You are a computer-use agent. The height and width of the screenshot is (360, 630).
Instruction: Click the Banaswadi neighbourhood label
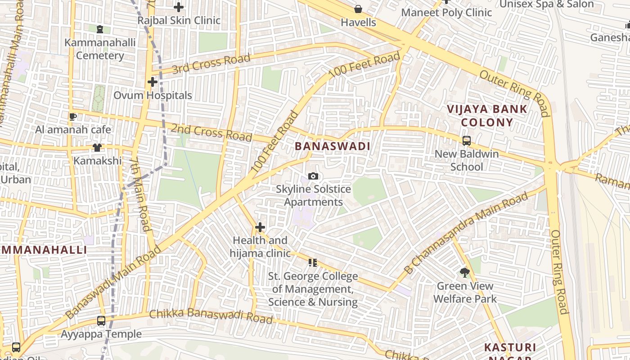click(x=333, y=146)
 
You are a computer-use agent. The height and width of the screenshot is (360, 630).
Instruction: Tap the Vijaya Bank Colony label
click(x=487, y=116)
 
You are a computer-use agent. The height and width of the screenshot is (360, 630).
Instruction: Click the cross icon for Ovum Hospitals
click(x=153, y=82)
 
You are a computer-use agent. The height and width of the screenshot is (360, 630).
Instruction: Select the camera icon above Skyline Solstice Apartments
click(x=313, y=176)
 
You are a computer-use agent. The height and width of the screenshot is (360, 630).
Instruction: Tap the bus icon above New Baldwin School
click(x=466, y=141)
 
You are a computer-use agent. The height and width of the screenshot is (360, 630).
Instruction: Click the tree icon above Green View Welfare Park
click(x=465, y=272)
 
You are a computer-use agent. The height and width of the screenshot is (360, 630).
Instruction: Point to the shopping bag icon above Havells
click(x=358, y=9)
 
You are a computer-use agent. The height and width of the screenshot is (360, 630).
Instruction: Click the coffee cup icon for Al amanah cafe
click(x=72, y=117)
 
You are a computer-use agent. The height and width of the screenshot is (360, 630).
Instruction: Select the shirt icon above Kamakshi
click(x=97, y=148)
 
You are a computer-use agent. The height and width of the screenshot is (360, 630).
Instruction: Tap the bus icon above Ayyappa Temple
click(x=101, y=321)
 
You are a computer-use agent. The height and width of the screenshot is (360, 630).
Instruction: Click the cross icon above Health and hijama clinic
click(x=260, y=227)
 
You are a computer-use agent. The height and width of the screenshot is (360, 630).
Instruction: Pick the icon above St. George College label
click(x=313, y=262)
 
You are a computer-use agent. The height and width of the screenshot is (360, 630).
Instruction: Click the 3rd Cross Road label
click(x=211, y=64)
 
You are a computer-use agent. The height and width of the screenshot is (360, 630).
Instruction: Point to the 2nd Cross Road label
click(x=211, y=132)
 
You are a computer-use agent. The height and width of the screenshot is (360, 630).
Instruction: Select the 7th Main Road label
click(x=141, y=194)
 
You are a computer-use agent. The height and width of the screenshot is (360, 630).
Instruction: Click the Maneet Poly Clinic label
click(x=446, y=13)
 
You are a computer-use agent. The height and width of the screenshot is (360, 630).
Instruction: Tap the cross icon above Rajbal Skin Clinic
click(x=179, y=7)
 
